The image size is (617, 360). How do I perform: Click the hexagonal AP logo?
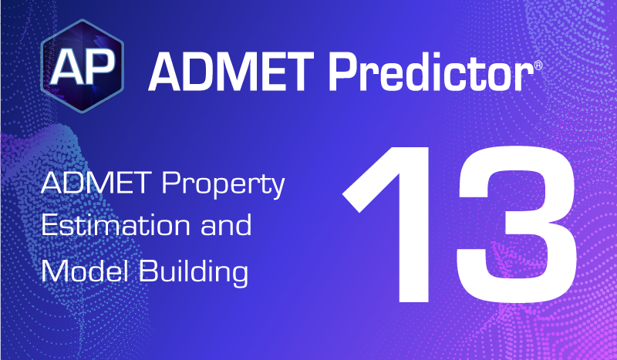coord(83,66)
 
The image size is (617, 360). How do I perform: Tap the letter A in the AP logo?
coord(66,67)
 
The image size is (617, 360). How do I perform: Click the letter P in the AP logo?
coord(99,67)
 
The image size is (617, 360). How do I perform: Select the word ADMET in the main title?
coord(231,72)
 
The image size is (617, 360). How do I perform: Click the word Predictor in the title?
coord(430,71)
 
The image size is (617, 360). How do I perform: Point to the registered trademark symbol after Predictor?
coord(538,66)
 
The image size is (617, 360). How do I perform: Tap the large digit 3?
coord(517,224)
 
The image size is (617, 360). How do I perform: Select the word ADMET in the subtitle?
coord(96,183)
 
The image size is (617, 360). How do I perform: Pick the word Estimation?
coord(116,224)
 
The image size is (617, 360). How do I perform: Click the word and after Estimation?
coord(226,224)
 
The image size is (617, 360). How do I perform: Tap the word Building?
coord(194,272)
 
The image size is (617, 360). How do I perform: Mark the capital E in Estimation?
coord(50,225)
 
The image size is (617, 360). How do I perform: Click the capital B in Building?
coord(149,271)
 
